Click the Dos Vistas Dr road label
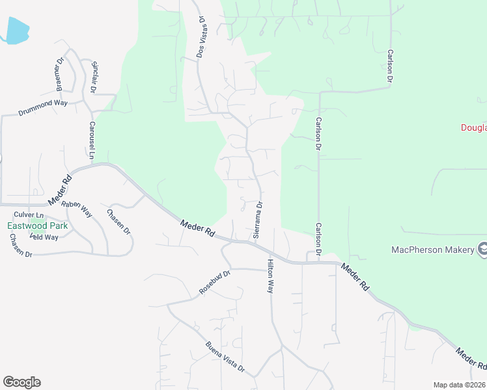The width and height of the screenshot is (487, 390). pos(202,37)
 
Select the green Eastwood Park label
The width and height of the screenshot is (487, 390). pos(38,226)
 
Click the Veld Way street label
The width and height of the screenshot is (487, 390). pos(44,237)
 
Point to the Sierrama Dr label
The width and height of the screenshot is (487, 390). pos(258,220)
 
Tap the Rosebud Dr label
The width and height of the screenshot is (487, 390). pos(215,282)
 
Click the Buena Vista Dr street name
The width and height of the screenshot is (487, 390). pos(225,357)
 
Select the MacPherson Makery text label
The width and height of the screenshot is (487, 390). pos(433,250)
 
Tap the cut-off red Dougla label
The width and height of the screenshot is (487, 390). pos(474,127)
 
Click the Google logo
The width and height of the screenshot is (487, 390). pos(21,382)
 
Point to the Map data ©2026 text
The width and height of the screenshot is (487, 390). pos(459,384)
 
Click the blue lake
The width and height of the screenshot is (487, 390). pos(17,31)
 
